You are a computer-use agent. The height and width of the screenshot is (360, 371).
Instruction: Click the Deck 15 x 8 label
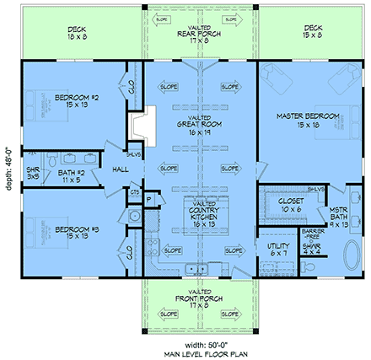(314, 33)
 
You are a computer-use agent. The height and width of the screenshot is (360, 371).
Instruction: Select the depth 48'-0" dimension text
(8, 161)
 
